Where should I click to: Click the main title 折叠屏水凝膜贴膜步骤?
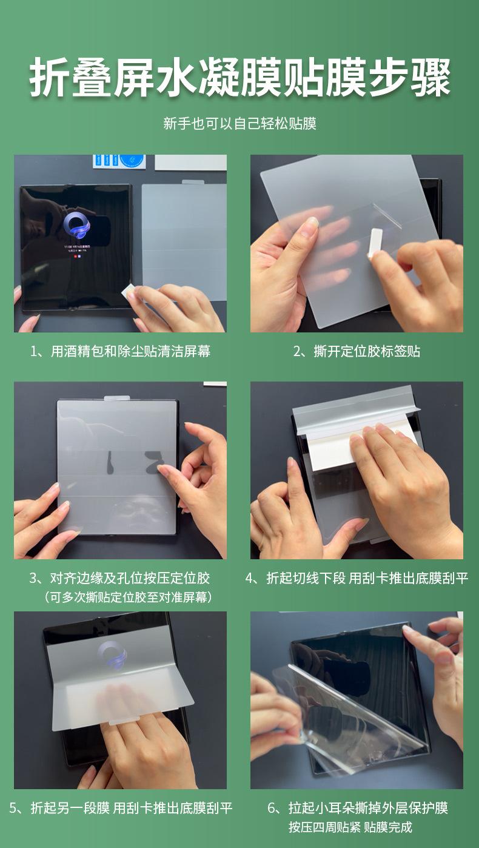240,78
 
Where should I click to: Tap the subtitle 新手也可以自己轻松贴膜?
240,123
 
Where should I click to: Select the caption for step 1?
120,351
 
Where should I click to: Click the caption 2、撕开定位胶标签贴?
357,351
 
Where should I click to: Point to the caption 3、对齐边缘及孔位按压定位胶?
120,577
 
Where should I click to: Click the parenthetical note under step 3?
128,597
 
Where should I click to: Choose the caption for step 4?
357,577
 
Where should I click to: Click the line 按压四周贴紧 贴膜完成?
350,827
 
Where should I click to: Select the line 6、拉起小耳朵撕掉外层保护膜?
358,808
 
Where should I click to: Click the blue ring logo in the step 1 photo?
77,226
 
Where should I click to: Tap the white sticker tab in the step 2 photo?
375,243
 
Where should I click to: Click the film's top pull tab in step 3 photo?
117,399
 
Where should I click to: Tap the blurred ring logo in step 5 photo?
112,655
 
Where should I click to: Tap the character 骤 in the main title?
430,78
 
